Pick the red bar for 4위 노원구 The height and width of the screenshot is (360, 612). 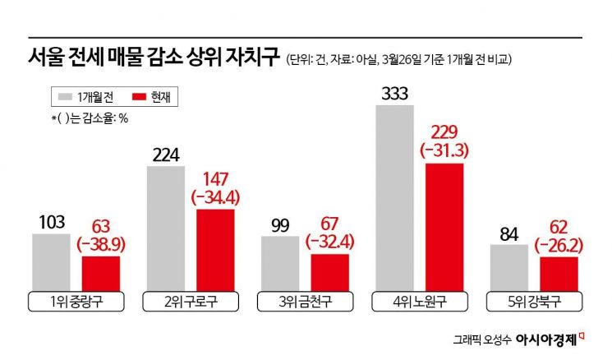pos(444,224)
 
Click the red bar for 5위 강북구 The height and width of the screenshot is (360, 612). pos(559,271)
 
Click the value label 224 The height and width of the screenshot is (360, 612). pos(165,154)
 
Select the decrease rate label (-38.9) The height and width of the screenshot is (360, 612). pos(101,244)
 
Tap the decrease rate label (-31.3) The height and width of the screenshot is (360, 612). pos(444,150)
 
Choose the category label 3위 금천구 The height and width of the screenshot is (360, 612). pos(306,301)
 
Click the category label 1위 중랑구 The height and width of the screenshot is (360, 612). pos(76,301)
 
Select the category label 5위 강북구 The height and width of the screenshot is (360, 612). pos(534,301)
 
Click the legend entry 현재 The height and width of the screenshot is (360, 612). pos(154,97)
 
